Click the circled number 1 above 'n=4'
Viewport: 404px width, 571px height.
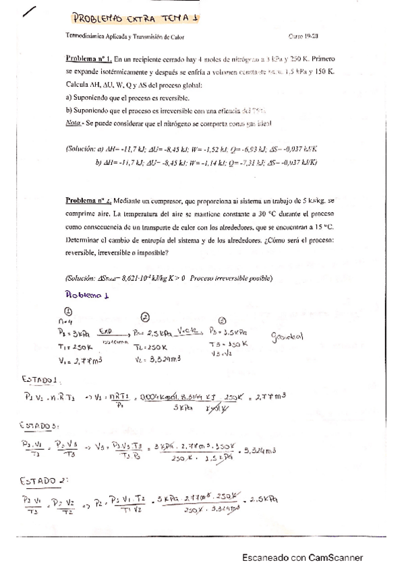tap(68, 310)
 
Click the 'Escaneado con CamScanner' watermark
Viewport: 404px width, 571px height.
tap(303, 558)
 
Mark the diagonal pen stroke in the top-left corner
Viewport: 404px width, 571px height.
tap(32, 12)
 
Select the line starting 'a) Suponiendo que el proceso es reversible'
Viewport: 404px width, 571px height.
tap(127, 98)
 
